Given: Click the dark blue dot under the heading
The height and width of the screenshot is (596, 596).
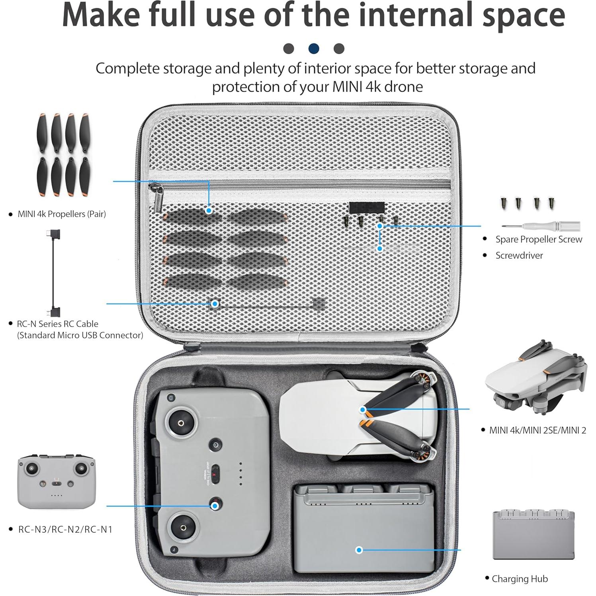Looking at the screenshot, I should [x=314, y=49].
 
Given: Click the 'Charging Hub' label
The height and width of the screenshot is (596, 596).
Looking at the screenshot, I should [x=520, y=578].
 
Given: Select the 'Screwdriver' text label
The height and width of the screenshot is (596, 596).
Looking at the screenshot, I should [x=519, y=255].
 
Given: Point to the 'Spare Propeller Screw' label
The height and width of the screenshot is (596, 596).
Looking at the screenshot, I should [x=538, y=239].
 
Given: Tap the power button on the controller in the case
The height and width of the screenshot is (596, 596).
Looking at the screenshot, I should [x=215, y=445].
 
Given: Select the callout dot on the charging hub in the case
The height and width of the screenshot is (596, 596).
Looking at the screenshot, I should [x=359, y=550].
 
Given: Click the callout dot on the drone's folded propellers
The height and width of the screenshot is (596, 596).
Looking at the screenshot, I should [x=363, y=409].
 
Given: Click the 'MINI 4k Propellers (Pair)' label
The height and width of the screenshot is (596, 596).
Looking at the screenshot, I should [x=62, y=214].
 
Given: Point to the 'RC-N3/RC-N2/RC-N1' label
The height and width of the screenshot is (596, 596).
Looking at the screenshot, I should [x=65, y=529].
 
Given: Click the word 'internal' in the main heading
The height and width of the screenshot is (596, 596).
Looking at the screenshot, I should [x=403, y=15].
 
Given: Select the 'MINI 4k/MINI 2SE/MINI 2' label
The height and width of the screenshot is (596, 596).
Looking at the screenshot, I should [x=537, y=430].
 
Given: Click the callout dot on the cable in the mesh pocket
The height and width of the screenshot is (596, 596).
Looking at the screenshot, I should [x=215, y=304].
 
